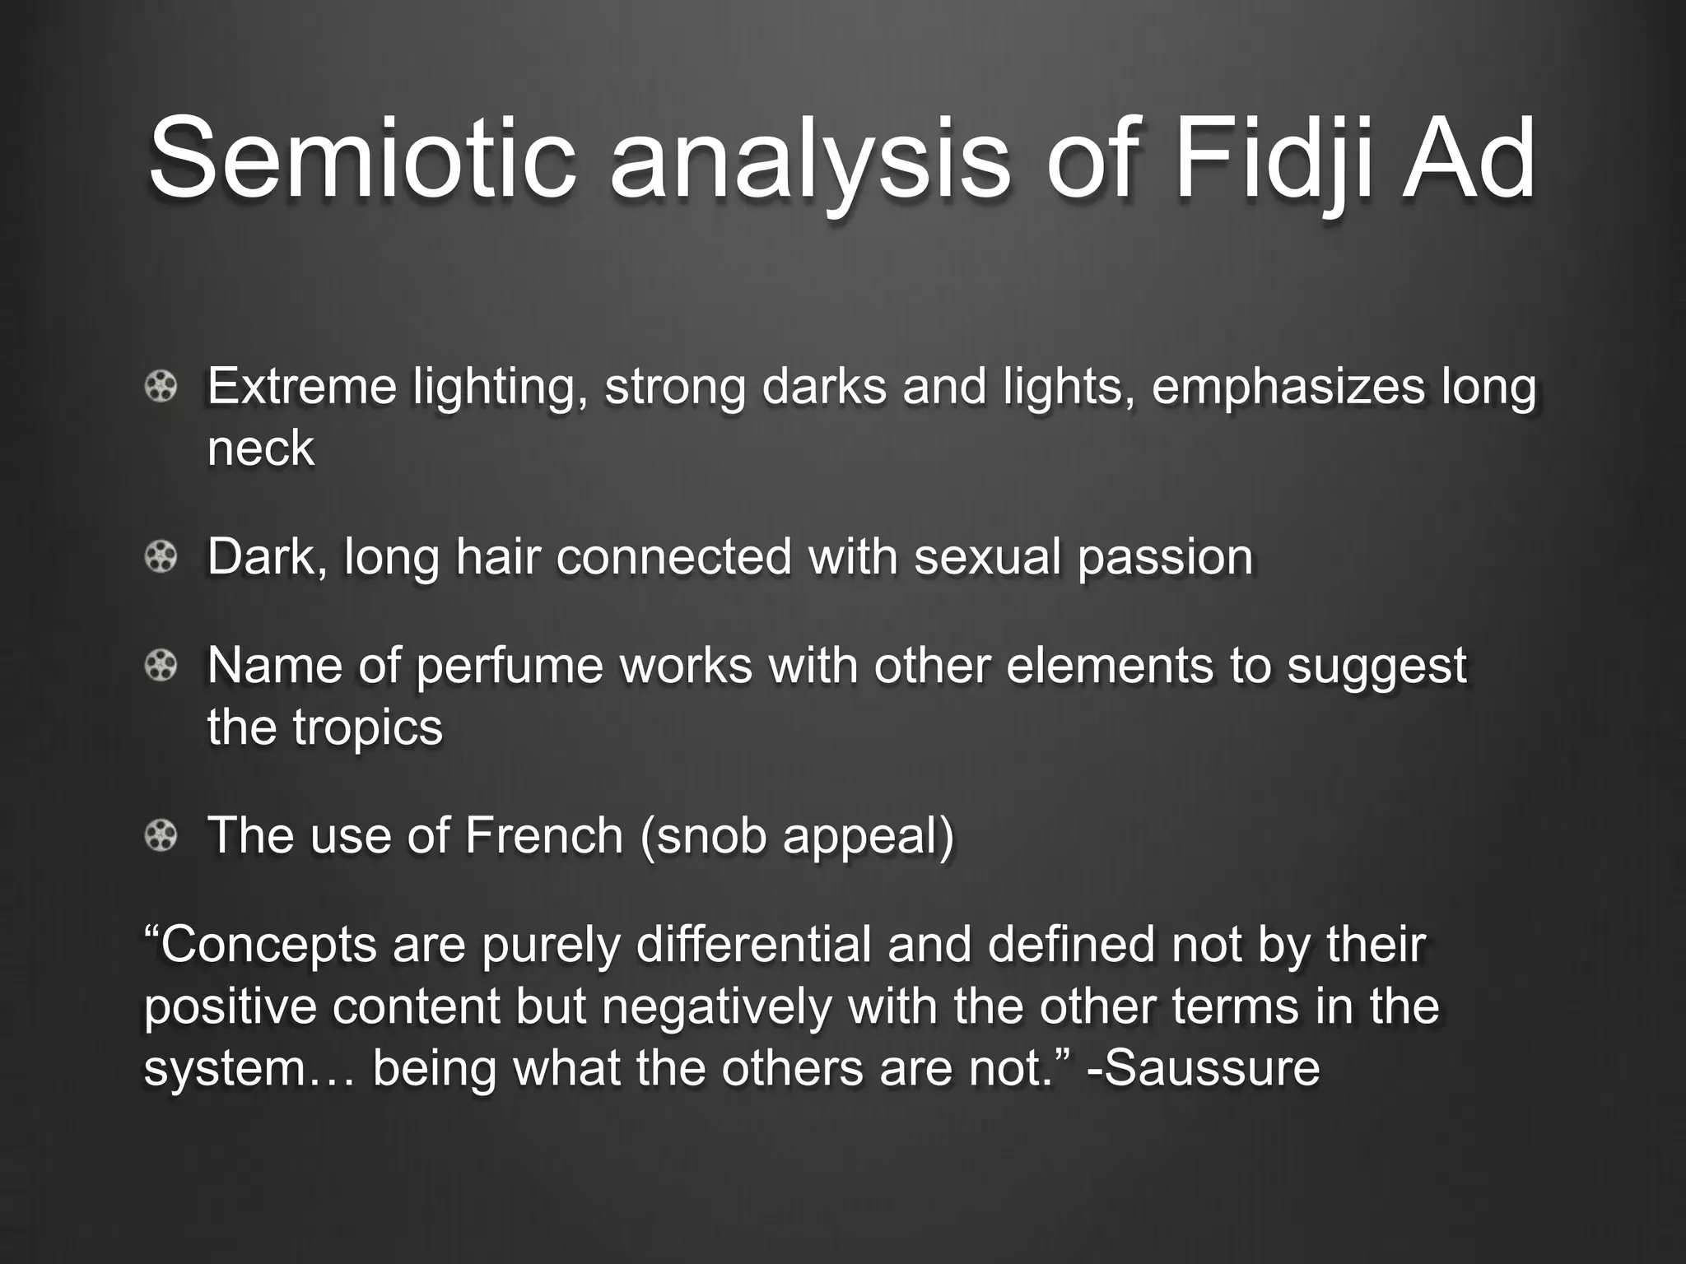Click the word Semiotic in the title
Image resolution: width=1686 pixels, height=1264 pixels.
tap(361, 158)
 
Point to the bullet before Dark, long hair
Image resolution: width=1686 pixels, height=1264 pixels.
tap(161, 557)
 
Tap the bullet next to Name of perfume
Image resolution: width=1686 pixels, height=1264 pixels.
tap(161, 665)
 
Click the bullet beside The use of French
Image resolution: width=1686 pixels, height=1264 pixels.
tap(161, 836)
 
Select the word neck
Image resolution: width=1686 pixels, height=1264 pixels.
tap(260, 448)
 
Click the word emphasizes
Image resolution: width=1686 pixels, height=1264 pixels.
tap(1288, 387)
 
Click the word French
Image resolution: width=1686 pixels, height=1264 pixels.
tap(544, 835)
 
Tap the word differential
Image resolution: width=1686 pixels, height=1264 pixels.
tap(753, 944)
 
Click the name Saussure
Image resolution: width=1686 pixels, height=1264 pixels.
tap(1209, 1068)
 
